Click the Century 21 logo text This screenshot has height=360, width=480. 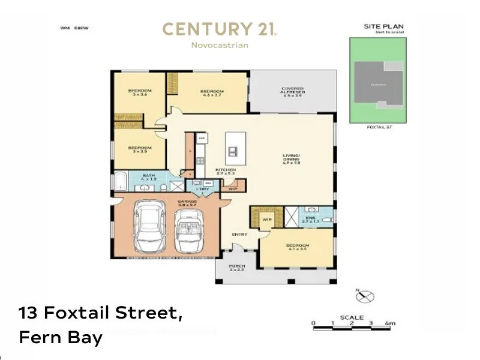click(219, 29)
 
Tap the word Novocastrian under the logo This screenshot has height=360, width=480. click(219, 45)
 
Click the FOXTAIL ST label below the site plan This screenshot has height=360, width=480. click(378, 127)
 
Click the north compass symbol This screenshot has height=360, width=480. click(365, 296)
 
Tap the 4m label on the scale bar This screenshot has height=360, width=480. click(391, 323)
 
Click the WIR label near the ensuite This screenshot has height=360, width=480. click(267, 220)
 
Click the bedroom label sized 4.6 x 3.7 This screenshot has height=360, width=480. click(212, 93)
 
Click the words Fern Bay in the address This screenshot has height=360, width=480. click(61, 337)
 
